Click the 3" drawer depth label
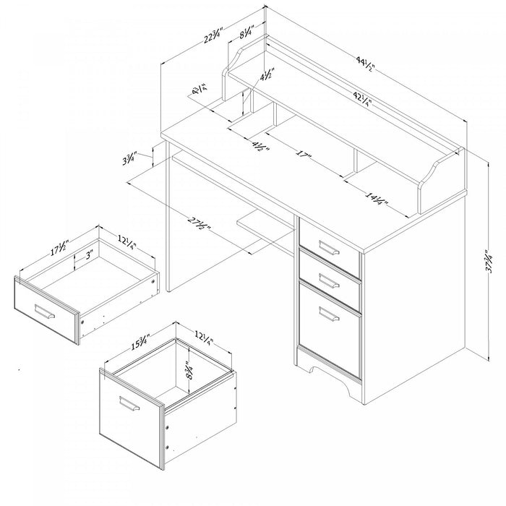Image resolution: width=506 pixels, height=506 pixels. pos(88,256)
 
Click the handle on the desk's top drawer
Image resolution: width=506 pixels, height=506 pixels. pos(328,251)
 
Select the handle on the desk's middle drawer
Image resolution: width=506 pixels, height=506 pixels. pos(328,280)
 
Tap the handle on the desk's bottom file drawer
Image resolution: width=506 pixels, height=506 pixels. pos(329,314)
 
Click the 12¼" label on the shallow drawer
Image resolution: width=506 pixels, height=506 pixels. pos(127,240)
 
